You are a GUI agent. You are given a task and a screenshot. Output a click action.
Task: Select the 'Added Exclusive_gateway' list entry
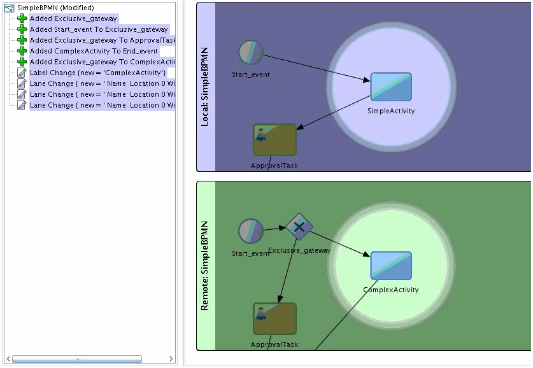click(x=73, y=18)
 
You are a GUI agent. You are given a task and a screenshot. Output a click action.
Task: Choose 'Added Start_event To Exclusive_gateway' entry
click(x=99, y=29)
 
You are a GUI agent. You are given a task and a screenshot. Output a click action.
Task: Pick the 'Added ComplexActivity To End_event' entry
click(x=94, y=51)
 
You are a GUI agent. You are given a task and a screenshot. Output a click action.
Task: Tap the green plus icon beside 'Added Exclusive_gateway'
click(x=22, y=18)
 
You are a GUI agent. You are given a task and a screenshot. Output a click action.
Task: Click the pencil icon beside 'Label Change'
click(x=22, y=73)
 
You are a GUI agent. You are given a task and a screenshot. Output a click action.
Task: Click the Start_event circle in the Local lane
click(x=250, y=52)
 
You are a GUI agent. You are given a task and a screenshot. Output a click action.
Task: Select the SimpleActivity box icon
click(x=391, y=87)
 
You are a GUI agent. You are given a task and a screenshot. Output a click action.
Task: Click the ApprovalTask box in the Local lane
click(x=274, y=139)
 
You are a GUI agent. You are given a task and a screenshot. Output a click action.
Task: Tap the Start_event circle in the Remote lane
click(x=250, y=231)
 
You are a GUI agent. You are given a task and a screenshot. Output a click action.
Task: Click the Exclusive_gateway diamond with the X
click(x=299, y=227)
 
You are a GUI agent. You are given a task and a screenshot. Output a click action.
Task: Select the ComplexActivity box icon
click(x=391, y=265)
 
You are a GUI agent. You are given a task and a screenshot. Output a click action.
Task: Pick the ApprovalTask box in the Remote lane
click(x=274, y=318)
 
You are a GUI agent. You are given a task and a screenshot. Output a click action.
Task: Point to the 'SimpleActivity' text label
click(x=391, y=111)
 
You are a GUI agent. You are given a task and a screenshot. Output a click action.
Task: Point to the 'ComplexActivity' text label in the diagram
click(x=391, y=290)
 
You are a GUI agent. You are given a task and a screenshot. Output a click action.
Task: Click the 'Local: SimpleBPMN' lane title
click(x=205, y=87)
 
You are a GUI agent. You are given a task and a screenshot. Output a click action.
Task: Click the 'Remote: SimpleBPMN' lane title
click(x=205, y=265)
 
